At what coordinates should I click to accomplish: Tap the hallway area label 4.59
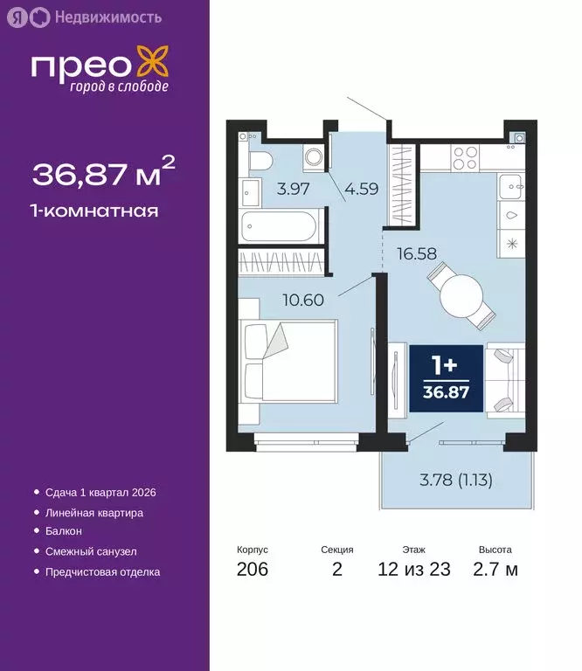(x=360, y=188)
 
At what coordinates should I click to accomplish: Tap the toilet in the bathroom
(x=260, y=160)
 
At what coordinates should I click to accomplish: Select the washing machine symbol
(x=313, y=158)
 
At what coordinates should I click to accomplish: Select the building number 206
(x=253, y=571)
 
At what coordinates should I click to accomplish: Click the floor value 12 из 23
(x=415, y=571)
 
